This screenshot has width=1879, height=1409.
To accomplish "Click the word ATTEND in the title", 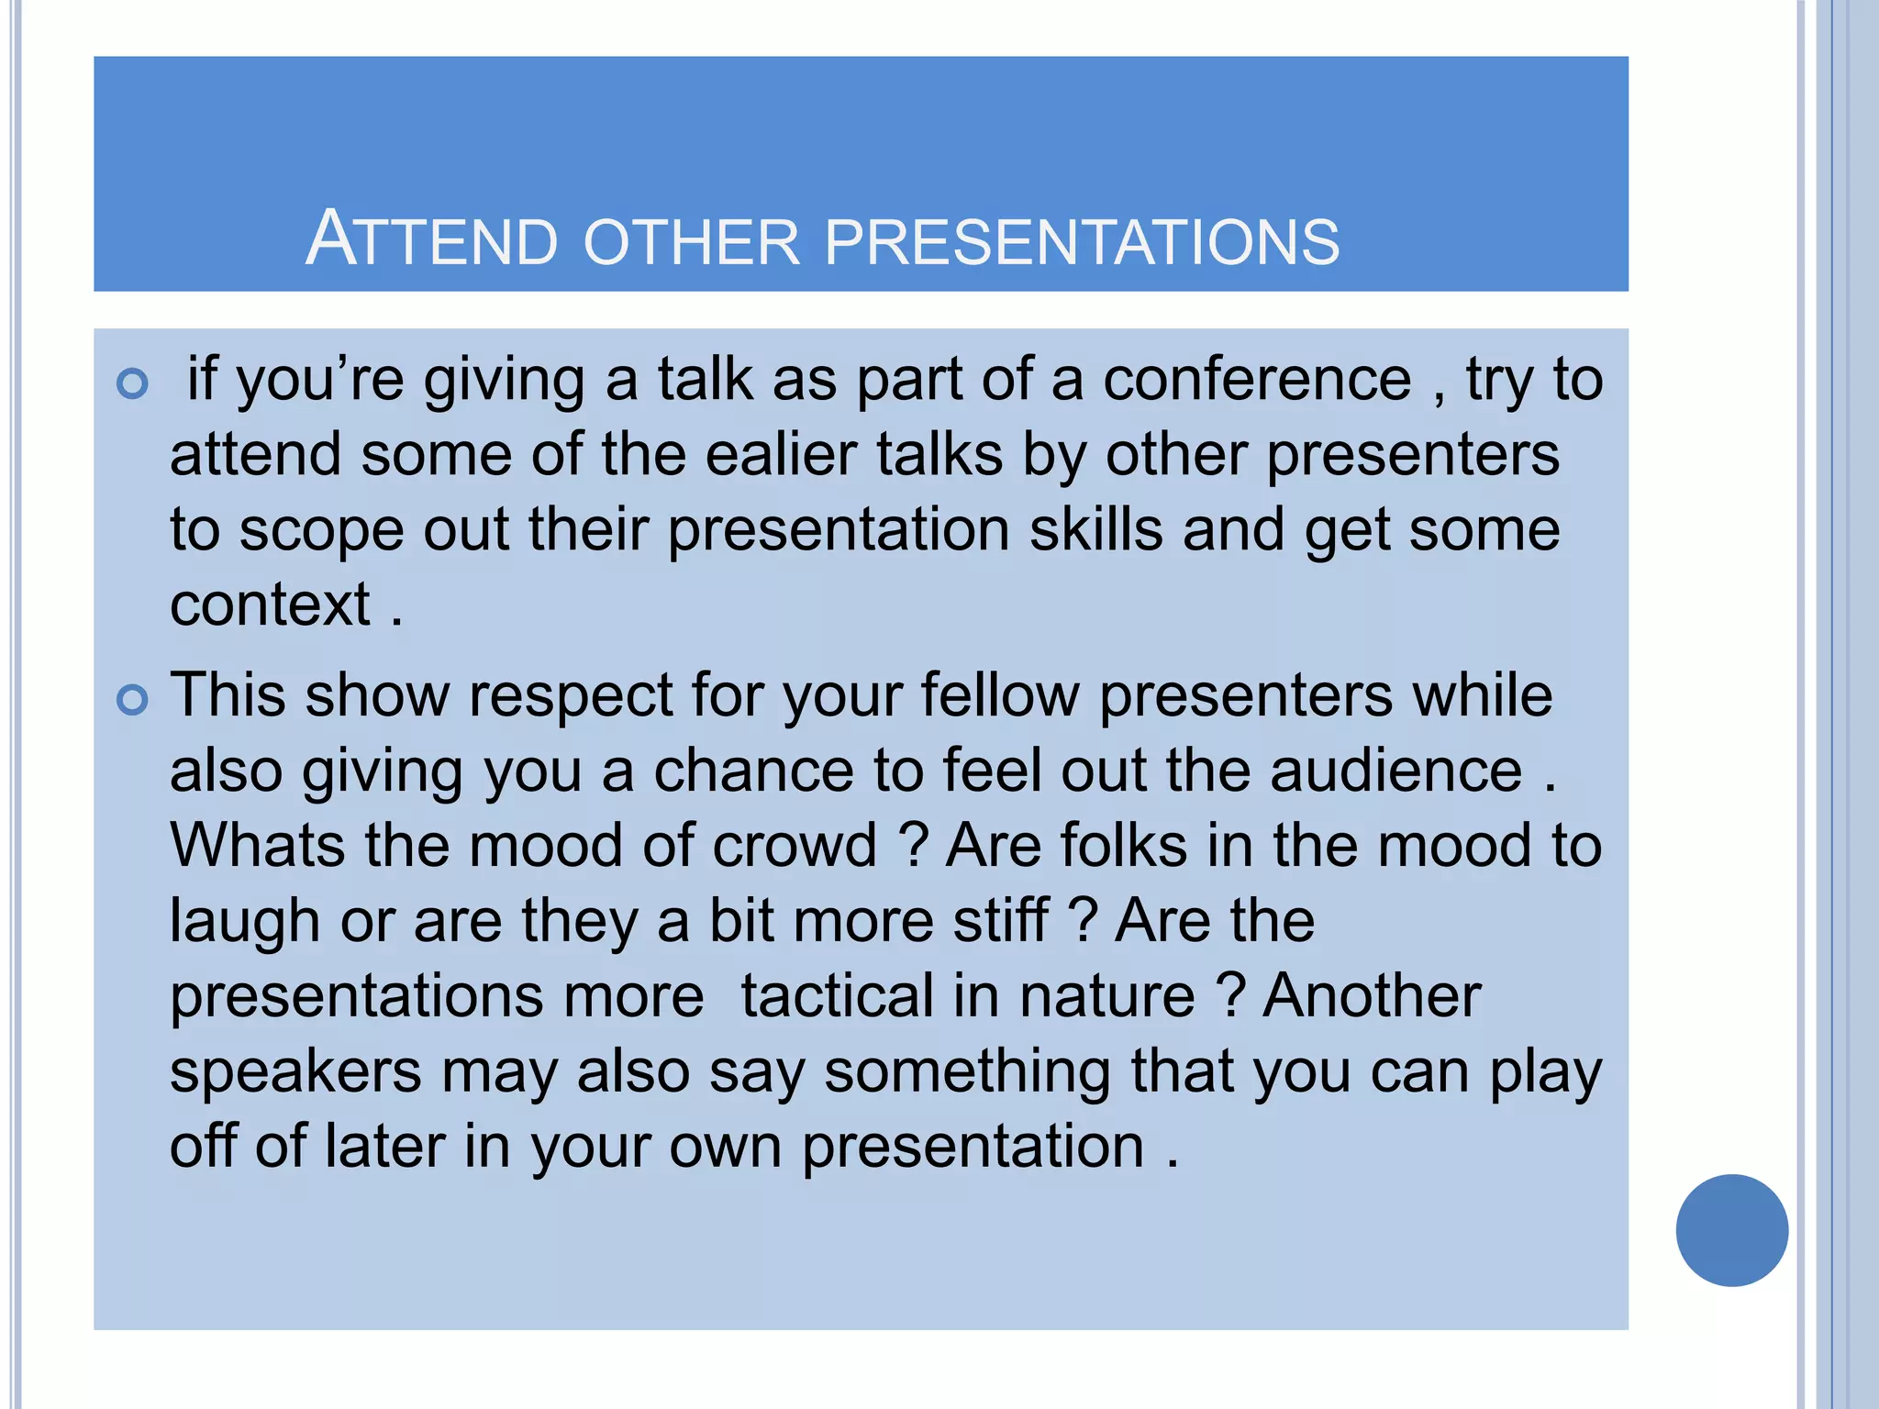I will (431, 239).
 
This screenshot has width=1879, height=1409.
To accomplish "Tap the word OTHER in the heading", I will (692, 242).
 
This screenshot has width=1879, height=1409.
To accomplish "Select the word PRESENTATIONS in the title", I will (1082, 242).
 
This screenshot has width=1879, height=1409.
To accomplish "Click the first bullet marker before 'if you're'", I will (133, 383).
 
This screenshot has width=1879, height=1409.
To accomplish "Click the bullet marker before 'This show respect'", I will (133, 701).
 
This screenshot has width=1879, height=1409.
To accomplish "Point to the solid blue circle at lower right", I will (1731, 1230).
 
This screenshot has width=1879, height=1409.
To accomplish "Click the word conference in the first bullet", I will (1257, 379).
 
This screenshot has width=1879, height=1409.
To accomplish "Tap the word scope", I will (321, 532).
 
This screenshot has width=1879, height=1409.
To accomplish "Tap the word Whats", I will (257, 845).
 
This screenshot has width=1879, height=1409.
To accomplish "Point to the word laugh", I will (244, 922).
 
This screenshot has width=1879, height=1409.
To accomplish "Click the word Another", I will (1372, 995).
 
